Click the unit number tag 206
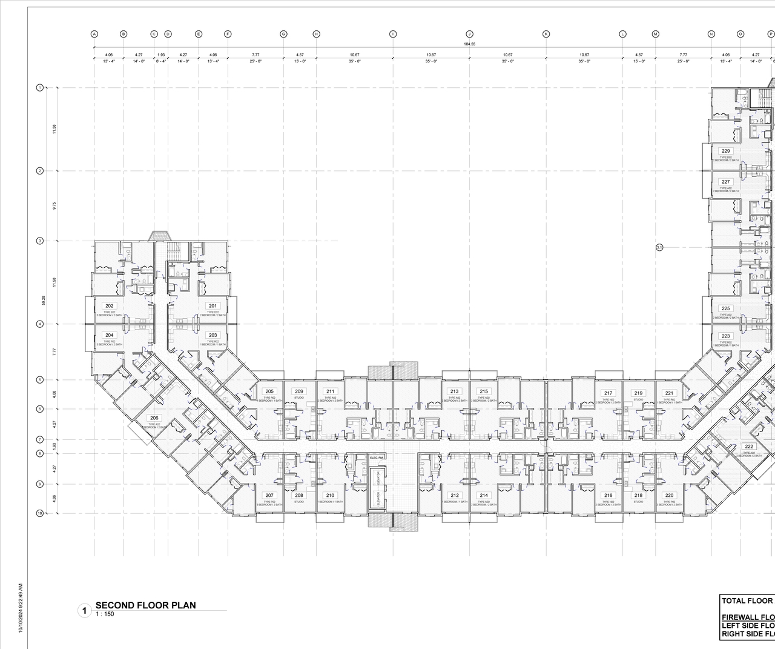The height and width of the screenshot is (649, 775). (x=154, y=418)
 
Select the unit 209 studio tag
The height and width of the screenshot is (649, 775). (x=299, y=391)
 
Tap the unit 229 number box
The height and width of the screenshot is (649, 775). (x=725, y=151)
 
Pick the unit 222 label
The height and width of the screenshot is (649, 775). (x=749, y=446)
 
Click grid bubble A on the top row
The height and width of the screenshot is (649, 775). (x=94, y=34)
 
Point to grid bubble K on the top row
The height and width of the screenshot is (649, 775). (x=546, y=34)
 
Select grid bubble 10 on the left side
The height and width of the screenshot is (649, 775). (x=40, y=513)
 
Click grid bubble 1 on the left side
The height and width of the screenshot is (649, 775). (x=40, y=88)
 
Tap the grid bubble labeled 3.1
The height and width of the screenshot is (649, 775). (x=659, y=247)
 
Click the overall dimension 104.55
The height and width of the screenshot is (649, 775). (x=469, y=44)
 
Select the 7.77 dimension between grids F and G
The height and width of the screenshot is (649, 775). (x=256, y=55)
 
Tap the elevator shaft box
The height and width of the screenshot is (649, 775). (x=378, y=488)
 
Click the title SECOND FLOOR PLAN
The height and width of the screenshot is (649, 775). (x=146, y=605)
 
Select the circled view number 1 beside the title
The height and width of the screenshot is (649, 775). (x=85, y=610)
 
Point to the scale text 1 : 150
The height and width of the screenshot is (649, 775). (x=105, y=614)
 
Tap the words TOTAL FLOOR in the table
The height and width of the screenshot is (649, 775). (x=747, y=601)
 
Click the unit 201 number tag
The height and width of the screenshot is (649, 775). (x=213, y=306)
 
